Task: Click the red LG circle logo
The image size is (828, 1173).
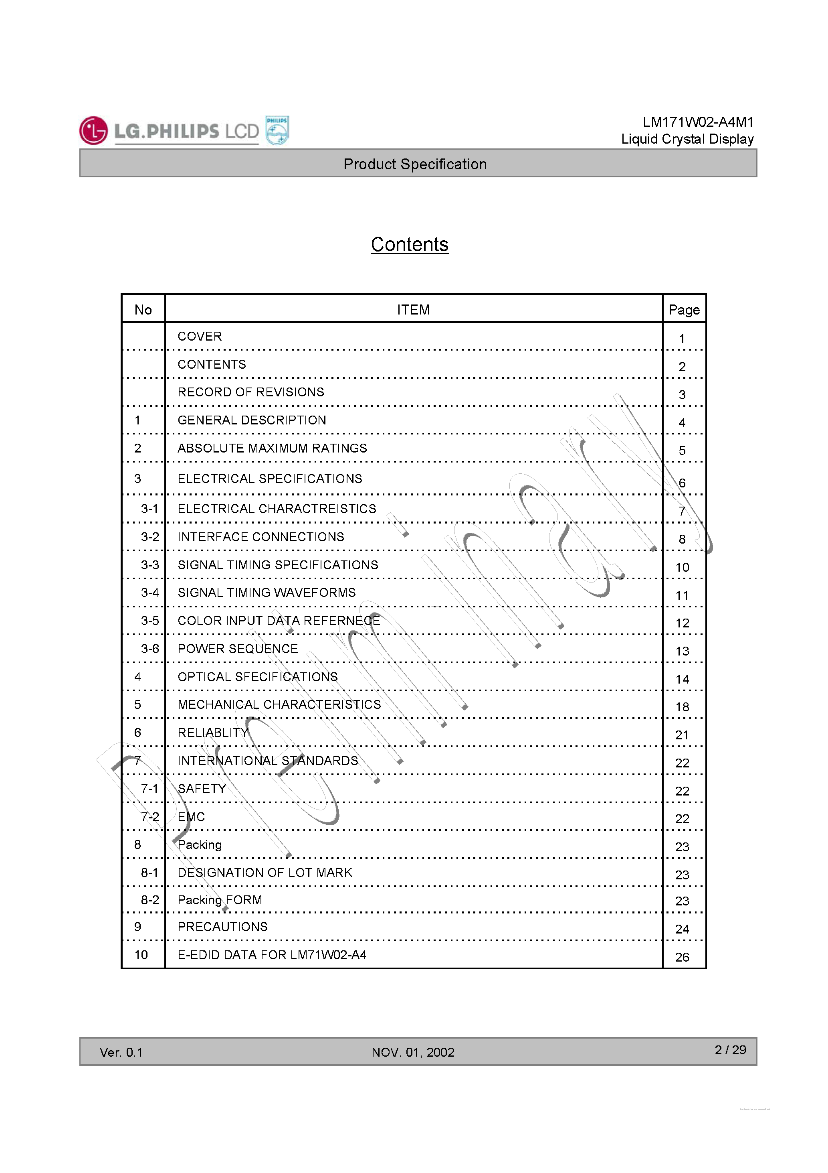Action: coord(93,131)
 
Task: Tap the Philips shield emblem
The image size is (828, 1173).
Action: coord(277,131)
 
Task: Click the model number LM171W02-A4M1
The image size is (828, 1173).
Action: coord(697,122)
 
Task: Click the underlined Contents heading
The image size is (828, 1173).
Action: coord(410,244)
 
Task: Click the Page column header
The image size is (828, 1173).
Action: coord(684,310)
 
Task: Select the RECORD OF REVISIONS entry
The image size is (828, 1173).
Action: coord(250,392)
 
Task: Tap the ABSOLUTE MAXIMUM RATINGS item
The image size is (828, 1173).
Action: coord(272,448)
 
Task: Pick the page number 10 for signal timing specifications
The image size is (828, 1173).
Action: coord(682,567)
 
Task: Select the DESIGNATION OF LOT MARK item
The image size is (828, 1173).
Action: coord(265,873)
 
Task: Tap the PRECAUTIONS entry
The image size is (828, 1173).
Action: coord(222,927)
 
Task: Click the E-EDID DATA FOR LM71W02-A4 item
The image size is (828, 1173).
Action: coord(272,955)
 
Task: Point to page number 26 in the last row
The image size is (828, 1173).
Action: coord(682,957)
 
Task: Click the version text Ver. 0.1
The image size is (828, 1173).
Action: coord(121,1052)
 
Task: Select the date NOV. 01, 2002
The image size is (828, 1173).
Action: coord(412,1052)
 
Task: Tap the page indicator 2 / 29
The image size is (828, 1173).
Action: coord(730,1050)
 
